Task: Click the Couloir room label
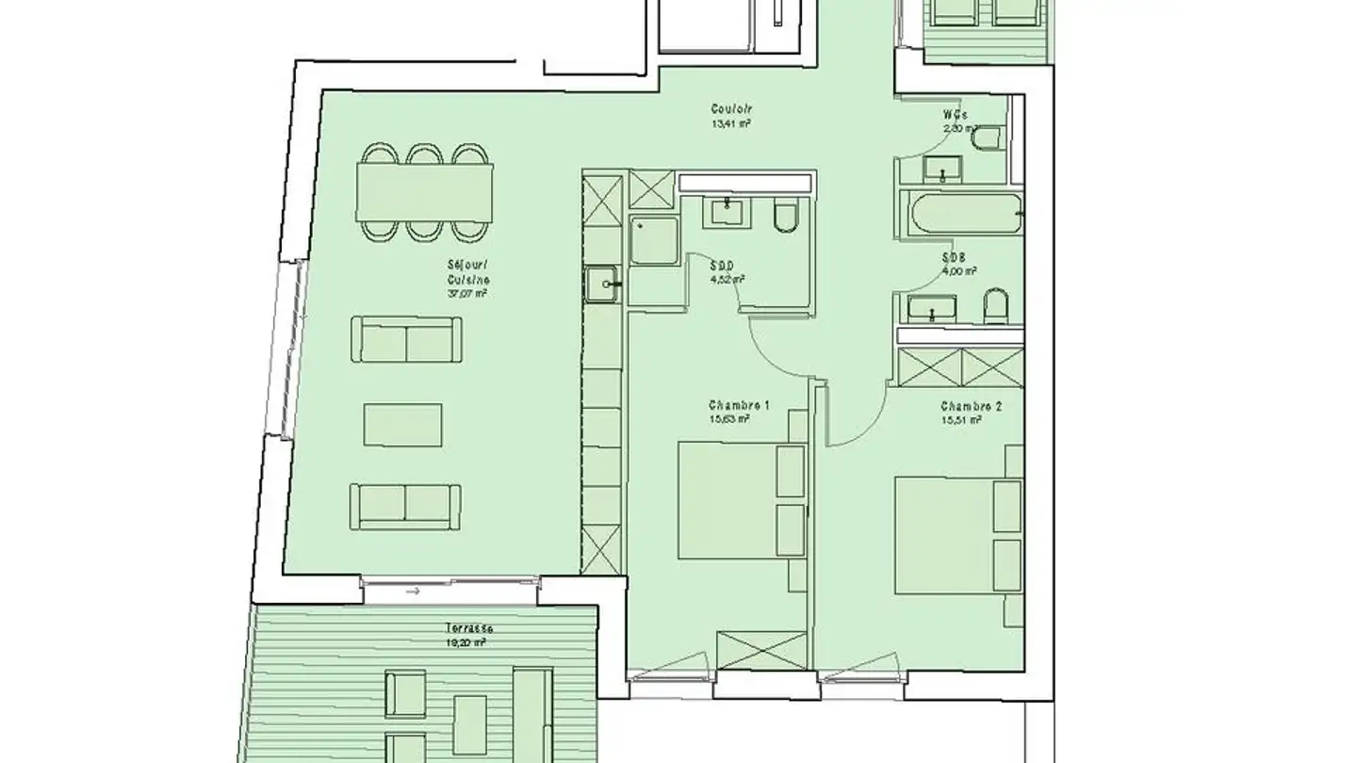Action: [730, 108]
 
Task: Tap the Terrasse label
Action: [470, 628]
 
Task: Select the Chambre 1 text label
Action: [740, 406]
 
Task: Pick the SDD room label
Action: [724, 266]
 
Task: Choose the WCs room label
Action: [955, 115]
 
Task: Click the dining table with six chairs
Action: [424, 193]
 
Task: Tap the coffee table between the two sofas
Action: [403, 424]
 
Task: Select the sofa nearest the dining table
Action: [407, 340]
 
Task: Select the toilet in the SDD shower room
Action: [785, 217]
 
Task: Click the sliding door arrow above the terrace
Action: [412, 593]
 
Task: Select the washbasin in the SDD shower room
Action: [727, 211]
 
